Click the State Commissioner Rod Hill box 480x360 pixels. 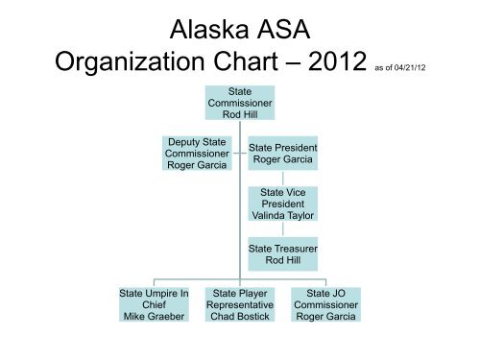pos(238,103)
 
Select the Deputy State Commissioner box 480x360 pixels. pos(197,153)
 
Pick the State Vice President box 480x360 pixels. pos(282,203)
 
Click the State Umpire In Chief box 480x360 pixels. pos(154,304)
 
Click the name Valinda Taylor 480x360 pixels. pos(282,215)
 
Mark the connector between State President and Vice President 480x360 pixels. pos(282,179)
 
